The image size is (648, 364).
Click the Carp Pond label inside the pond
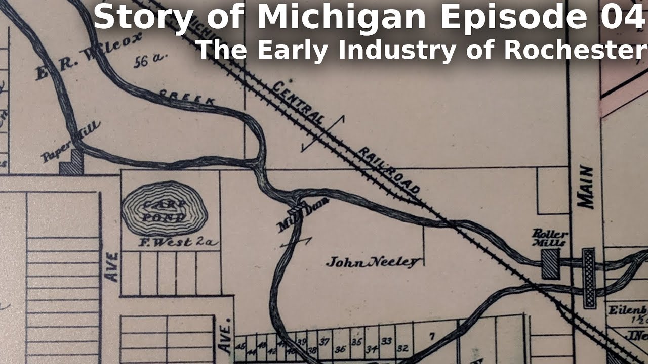coord(164,211)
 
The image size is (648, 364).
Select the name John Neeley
coord(374,262)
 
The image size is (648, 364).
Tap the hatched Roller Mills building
coord(550,264)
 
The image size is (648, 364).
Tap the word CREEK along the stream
coord(187,97)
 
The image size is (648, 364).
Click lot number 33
coord(386,341)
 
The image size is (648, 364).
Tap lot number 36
coord(340,348)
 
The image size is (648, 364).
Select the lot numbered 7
coord(432,336)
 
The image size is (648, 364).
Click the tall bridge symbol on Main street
coord(589,278)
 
